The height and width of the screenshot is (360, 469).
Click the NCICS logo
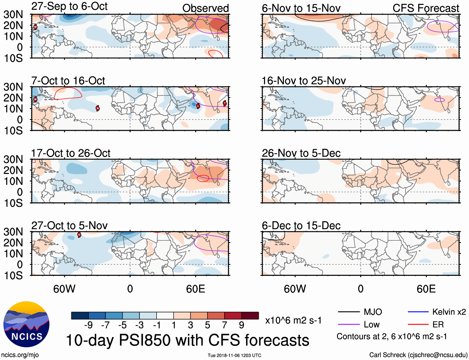tap(26, 324)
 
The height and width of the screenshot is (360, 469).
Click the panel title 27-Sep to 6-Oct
tap(69, 6)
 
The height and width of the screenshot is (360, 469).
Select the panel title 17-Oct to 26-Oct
tap(71, 153)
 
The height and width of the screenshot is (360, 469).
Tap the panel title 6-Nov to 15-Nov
tap(301, 8)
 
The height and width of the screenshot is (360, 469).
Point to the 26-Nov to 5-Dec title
tap(301, 153)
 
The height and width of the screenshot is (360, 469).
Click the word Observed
tap(205, 8)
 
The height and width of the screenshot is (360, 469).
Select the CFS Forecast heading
tap(426, 8)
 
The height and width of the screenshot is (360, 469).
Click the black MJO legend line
tap(348, 312)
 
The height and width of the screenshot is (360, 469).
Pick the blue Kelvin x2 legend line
tap(418, 312)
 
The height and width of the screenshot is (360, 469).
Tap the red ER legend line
tap(418, 325)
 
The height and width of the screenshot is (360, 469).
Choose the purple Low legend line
tap(348, 325)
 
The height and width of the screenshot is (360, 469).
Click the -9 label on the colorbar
tap(89, 325)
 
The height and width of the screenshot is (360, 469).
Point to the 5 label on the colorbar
tap(207, 325)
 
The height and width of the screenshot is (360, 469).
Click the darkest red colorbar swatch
tap(250, 316)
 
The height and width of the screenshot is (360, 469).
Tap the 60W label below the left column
tap(64, 289)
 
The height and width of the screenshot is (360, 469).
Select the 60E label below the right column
tap(426, 289)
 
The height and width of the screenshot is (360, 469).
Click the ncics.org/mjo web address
tap(20, 355)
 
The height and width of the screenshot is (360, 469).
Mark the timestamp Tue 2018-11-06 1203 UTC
tap(234, 355)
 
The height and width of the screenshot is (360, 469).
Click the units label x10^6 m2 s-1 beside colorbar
tap(293, 320)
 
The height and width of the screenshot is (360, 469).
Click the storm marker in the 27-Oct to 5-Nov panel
tap(79, 235)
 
